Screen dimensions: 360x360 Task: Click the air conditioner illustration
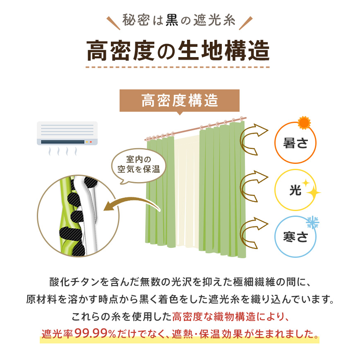click(x=67, y=134)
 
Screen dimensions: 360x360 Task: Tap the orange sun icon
click(x=304, y=123)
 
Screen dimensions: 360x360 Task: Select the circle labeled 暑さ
click(x=295, y=143)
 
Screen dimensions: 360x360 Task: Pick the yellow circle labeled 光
click(x=295, y=190)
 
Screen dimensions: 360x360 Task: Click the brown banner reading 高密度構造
click(x=180, y=100)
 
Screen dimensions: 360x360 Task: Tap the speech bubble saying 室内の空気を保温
click(x=139, y=164)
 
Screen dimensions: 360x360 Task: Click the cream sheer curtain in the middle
click(x=186, y=190)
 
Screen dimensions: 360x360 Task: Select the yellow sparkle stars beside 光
click(x=311, y=189)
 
